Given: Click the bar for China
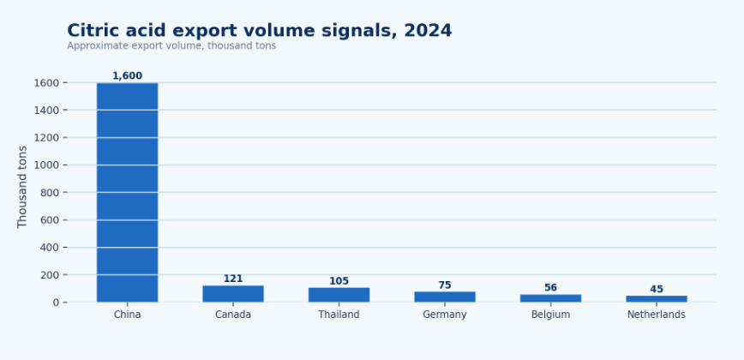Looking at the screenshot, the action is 127,193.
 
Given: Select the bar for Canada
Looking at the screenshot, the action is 233,294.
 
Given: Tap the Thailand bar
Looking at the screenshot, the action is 339,295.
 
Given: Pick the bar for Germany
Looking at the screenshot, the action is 445,297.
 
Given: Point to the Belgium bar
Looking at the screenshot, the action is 550,298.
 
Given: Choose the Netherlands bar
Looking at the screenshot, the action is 657,299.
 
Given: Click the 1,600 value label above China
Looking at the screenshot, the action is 127,76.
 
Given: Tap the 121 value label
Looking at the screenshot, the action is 233,279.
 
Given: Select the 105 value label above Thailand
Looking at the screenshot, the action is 339,281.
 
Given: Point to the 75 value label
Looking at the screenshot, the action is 445,285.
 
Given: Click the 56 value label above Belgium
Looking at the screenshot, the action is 550,288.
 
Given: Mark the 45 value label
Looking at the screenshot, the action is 657,290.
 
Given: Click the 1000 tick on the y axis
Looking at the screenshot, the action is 46,165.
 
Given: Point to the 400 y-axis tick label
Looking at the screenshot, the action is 50,248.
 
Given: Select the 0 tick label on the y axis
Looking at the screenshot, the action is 57,303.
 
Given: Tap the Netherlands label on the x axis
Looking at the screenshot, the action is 657,315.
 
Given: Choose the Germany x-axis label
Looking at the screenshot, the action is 445,315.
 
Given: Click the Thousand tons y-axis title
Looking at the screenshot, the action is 22,187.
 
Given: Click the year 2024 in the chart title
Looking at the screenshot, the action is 428,31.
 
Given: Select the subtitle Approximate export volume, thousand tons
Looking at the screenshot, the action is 171,46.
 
